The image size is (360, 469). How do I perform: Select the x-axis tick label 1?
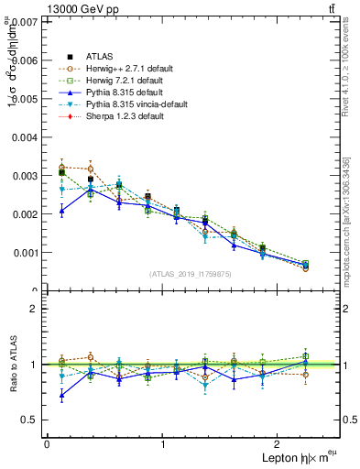point(163,444)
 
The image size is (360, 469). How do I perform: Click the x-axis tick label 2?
point(279,444)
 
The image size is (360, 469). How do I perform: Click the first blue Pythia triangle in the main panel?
point(61,211)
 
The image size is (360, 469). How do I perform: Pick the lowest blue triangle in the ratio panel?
point(61,396)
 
